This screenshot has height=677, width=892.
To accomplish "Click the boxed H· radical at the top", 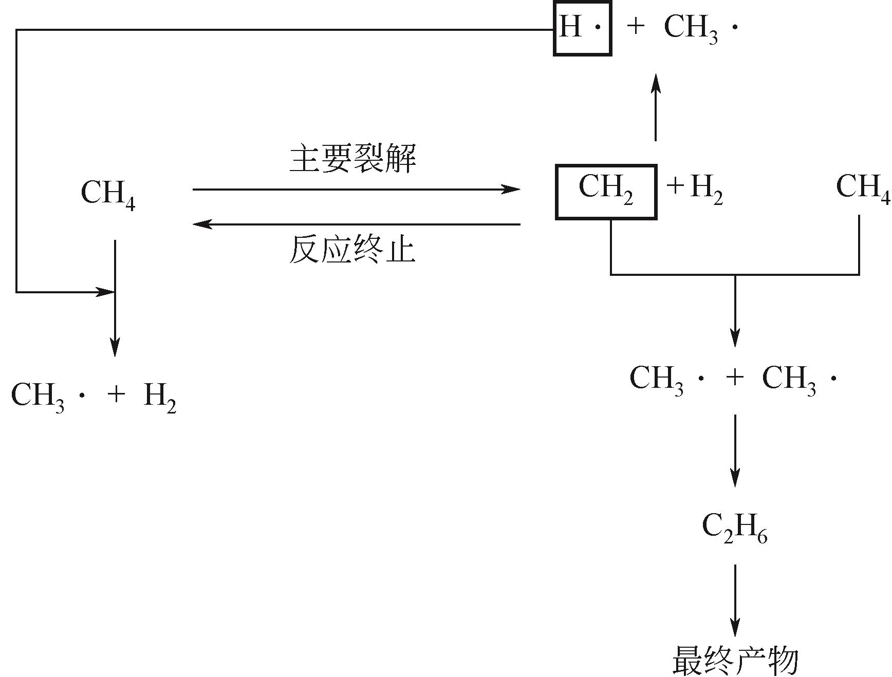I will (582, 29).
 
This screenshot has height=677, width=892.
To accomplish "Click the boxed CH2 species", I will (606, 191).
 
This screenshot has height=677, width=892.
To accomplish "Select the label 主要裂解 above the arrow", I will (353, 159).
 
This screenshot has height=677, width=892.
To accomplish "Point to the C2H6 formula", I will (734, 529).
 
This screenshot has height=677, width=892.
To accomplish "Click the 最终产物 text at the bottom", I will (735, 661).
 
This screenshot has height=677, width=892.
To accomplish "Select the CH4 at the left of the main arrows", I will (108, 194).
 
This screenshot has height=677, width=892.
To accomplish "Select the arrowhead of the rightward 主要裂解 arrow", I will (511, 190).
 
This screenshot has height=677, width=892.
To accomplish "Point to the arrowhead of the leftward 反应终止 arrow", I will (202, 224).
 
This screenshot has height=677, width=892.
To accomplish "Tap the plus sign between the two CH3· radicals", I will (735, 378).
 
